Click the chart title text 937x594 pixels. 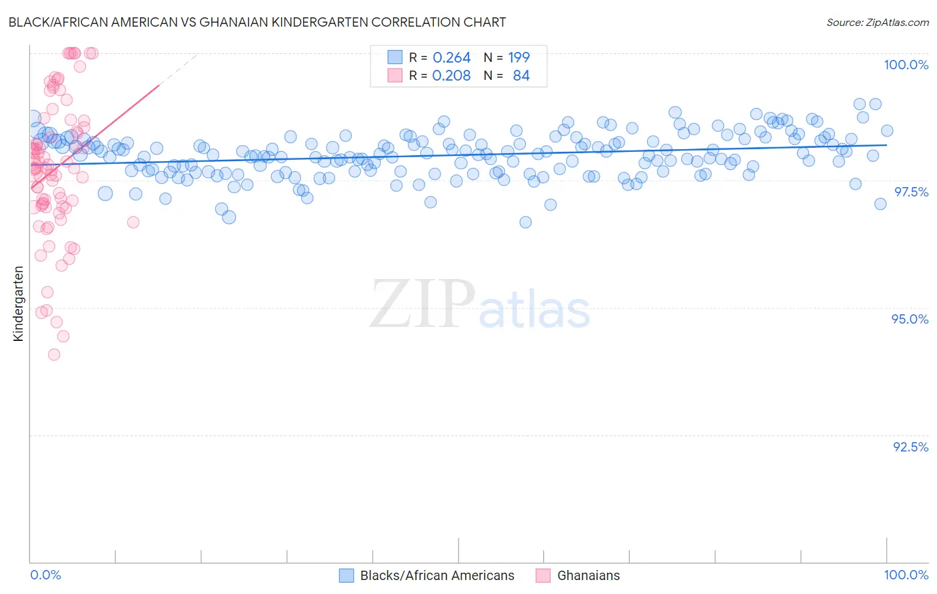[x=257, y=22]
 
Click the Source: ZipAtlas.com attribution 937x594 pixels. [x=877, y=23]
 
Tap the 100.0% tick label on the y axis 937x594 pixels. [x=906, y=65]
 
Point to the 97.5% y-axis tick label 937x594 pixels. [x=910, y=192]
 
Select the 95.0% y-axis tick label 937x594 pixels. [x=910, y=319]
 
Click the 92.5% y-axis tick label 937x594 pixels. [x=910, y=447]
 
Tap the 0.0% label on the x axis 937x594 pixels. [x=45, y=575]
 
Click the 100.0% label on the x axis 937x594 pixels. [x=906, y=575]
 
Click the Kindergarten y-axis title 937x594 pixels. [x=19, y=304]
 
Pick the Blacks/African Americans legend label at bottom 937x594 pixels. [x=437, y=575]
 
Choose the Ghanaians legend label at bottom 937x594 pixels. [x=588, y=575]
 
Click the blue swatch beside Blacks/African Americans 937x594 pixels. [x=346, y=575]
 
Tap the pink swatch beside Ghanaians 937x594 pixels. [x=542, y=575]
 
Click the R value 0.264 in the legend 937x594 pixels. [x=451, y=58]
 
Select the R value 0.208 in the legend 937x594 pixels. [x=451, y=76]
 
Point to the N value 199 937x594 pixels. [x=518, y=58]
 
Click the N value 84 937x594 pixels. [x=521, y=76]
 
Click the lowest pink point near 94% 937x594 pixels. [x=54, y=354]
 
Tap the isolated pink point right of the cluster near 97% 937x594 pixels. [x=133, y=222]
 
